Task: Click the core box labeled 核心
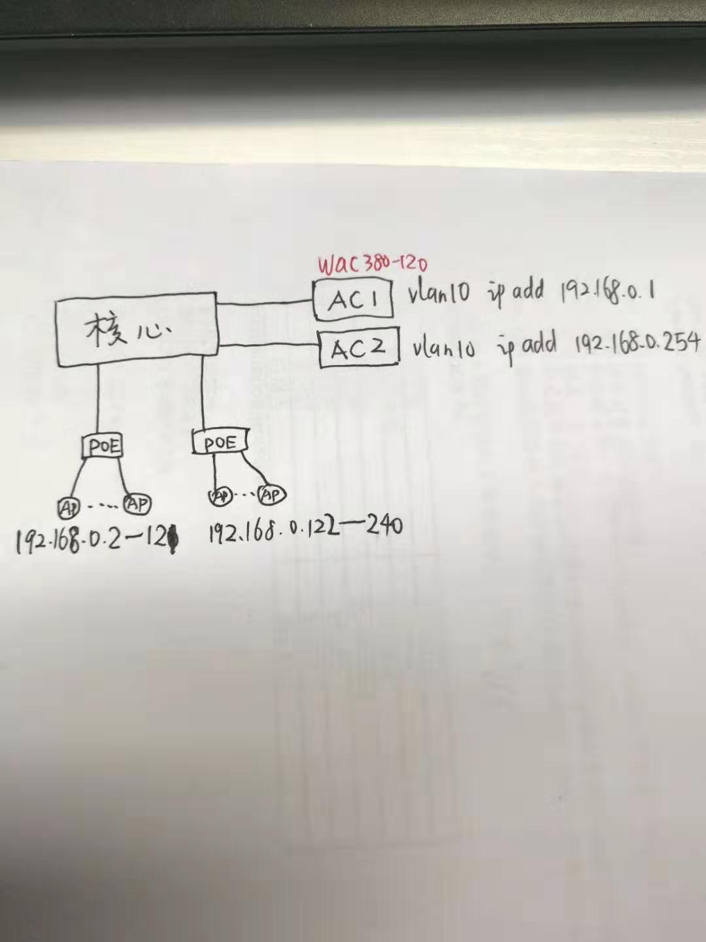point(136,329)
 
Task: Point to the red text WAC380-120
point(372,264)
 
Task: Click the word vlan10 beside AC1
point(439,292)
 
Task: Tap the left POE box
point(103,446)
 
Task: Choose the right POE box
point(220,443)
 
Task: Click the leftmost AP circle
point(68,506)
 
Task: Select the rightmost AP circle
point(271,495)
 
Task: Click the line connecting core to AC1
point(265,303)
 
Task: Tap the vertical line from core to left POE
point(98,399)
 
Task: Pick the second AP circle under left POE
point(138,504)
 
